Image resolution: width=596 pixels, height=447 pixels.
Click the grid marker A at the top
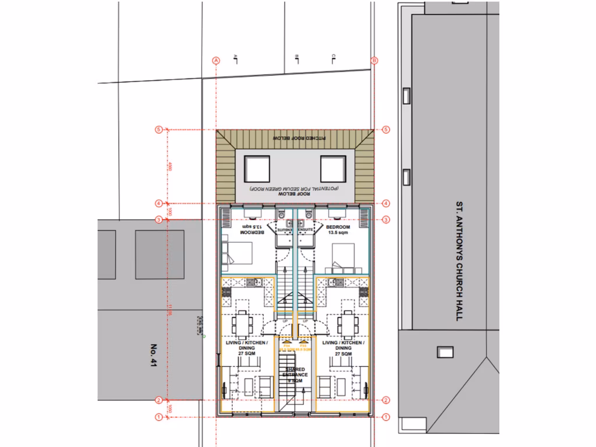[x=216, y=61]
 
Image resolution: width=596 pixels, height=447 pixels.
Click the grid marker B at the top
[x=374, y=61]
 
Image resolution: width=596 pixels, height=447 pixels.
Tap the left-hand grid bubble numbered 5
[x=158, y=130]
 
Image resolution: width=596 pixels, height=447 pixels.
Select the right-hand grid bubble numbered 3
[x=385, y=219]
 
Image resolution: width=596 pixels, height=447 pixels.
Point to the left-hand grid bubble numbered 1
[x=158, y=417]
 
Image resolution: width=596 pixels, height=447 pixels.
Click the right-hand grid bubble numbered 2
[x=385, y=400]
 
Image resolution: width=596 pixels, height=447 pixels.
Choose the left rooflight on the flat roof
[x=257, y=169]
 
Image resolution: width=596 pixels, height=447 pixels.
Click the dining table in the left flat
[x=242, y=322]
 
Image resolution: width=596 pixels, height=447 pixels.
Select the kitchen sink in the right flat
[x=333, y=282]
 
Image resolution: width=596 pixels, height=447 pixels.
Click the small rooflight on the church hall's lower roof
[x=445, y=352]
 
